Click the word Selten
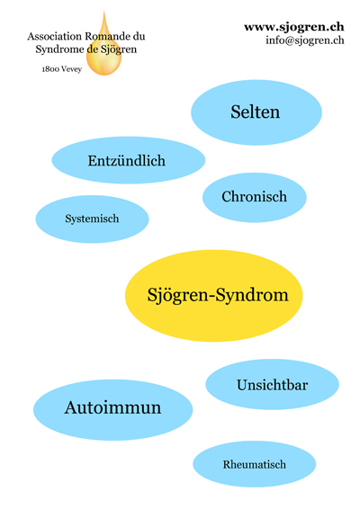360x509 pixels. tap(255, 112)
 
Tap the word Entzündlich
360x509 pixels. tap(126, 161)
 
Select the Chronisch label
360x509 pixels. tap(255, 196)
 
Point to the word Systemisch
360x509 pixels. tap(92, 219)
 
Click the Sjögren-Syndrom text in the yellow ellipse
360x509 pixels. tap(218, 295)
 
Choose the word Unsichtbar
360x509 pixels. tap(273, 385)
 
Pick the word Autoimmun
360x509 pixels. tap(112, 407)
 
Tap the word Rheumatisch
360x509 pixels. tap(255, 465)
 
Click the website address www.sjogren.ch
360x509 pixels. tap(294, 27)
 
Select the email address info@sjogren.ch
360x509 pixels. tap(305, 40)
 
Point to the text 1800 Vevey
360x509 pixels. tap(62, 69)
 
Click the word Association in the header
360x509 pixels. tap(55, 36)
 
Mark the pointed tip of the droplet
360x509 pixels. tap(104, 11)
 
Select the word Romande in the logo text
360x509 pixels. tap(107, 36)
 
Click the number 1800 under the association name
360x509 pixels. tap(50, 69)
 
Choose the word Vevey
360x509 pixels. tap(71, 69)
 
